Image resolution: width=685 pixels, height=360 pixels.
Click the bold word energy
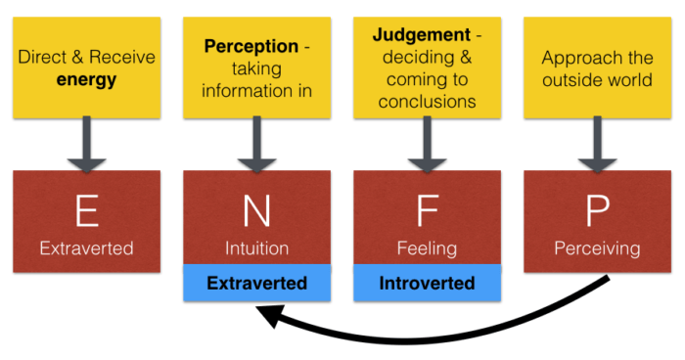pos(87,78)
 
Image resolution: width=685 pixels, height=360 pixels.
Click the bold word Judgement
pos(419,35)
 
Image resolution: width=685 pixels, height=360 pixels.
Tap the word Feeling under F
pos(426,248)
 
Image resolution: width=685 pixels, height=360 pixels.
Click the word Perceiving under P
pos(596,248)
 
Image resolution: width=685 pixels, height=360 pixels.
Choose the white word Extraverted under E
pos(86,248)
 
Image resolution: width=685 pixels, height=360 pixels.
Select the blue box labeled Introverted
pos(426,285)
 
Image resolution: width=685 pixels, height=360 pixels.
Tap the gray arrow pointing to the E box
pos(86,141)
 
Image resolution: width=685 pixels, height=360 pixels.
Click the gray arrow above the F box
pos(426,141)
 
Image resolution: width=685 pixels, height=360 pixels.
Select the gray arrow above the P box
pos(596,141)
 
